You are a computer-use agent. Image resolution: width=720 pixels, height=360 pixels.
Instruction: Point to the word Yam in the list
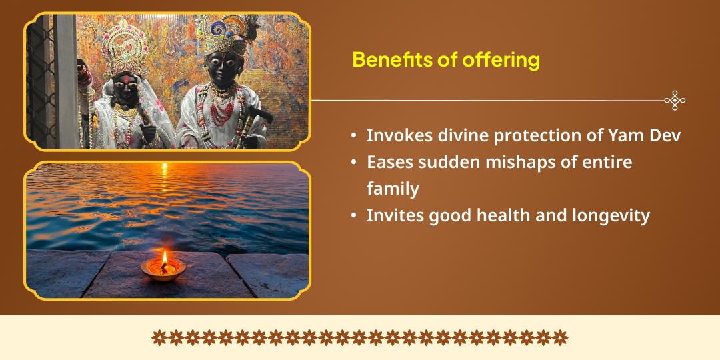pyautogui.click(x=620, y=136)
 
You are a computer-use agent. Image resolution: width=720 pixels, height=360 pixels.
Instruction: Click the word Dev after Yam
pyautogui.click(x=662, y=136)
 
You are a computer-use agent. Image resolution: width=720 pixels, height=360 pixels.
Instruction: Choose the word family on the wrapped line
pyautogui.click(x=393, y=189)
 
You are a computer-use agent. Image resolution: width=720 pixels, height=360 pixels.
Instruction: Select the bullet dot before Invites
pyautogui.click(x=353, y=215)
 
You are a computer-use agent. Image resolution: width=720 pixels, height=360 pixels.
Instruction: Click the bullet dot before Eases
pyautogui.click(x=353, y=162)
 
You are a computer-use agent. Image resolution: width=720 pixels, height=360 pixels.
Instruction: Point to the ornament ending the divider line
pyautogui.click(x=675, y=100)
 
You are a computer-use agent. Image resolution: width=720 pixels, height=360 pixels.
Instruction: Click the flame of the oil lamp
pyautogui.click(x=164, y=259)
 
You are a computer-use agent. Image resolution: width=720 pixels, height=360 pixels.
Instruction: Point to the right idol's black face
pyautogui.click(x=222, y=69)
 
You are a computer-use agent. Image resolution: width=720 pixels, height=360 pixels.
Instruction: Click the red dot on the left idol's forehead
pyautogui.click(x=126, y=81)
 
